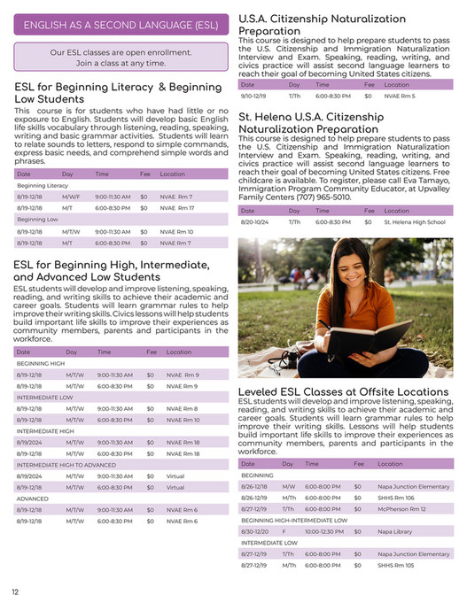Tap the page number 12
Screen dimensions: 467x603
click(x=15, y=592)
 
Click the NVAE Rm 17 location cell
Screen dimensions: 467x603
click(x=176, y=207)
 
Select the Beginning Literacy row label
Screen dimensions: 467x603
click(x=43, y=185)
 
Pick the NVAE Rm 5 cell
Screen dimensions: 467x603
click(x=399, y=95)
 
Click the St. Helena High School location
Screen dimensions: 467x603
click(x=414, y=222)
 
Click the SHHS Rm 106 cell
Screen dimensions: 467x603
click(x=396, y=498)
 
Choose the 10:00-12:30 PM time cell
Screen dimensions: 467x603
click(x=323, y=531)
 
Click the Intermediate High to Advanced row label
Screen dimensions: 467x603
click(x=66, y=465)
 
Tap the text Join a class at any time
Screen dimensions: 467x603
click(x=121, y=64)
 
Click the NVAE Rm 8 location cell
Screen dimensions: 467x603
click(x=182, y=408)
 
